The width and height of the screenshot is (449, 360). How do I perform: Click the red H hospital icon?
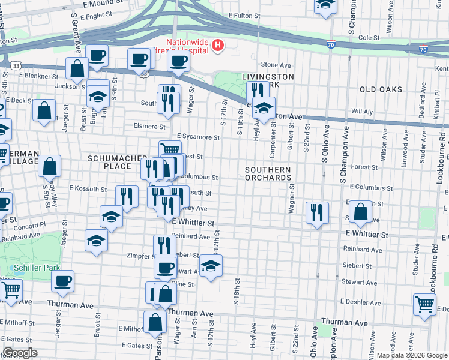coord(218,44)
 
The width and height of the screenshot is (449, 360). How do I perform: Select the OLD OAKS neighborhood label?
coord(380,89)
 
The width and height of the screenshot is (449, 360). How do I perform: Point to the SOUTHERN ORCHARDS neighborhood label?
coord(268,173)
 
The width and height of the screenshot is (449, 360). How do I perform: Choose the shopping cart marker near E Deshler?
coord(424,304)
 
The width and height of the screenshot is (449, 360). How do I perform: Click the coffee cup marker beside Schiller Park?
coord(62,280)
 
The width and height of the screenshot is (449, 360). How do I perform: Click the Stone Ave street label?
coord(276,65)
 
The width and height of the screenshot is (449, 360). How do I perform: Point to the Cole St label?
coord(369,37)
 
